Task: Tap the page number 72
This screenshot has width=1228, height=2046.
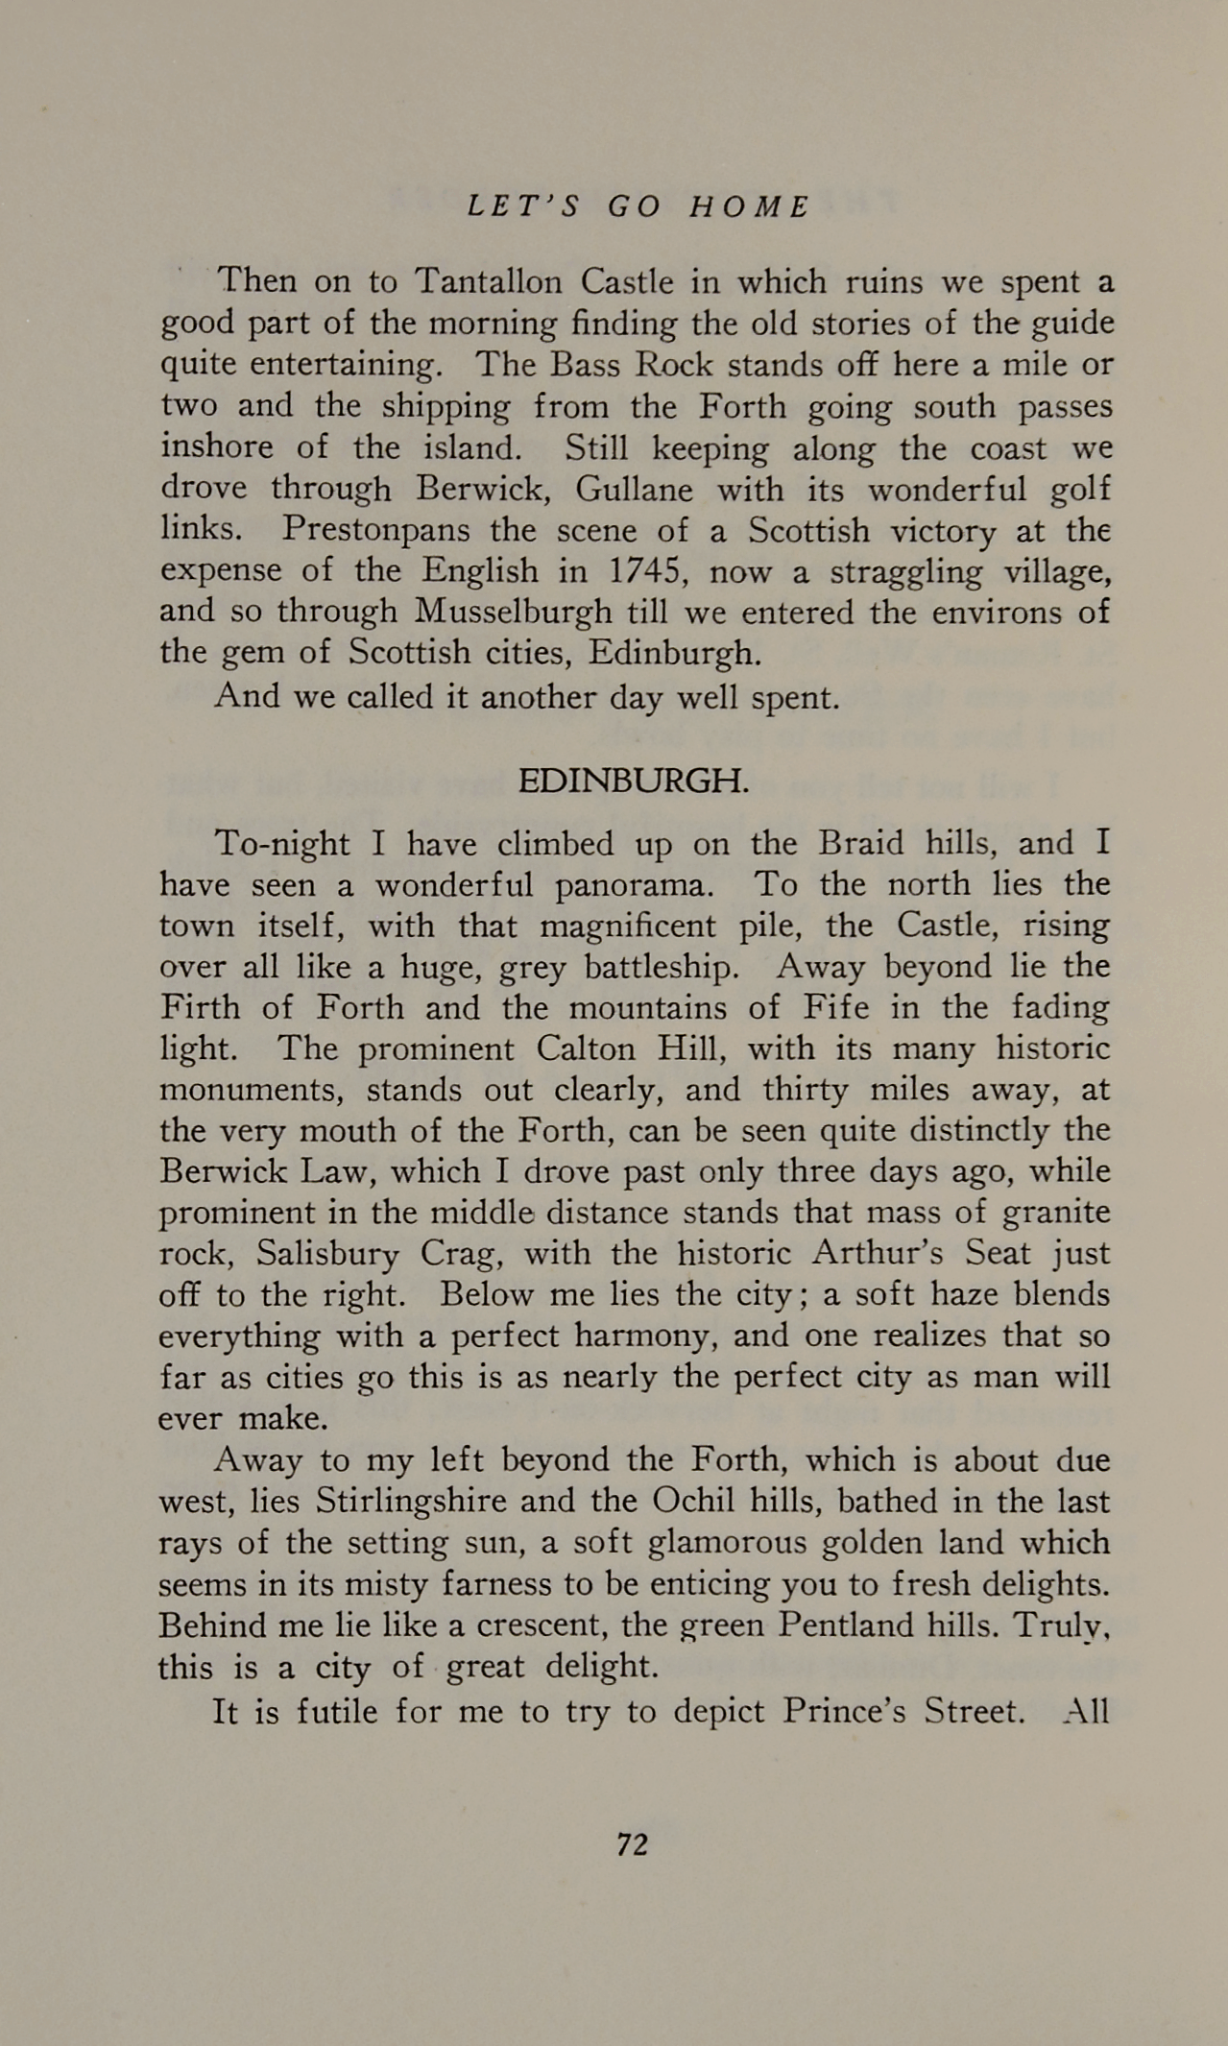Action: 633,1843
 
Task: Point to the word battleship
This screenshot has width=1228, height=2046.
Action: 662,967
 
